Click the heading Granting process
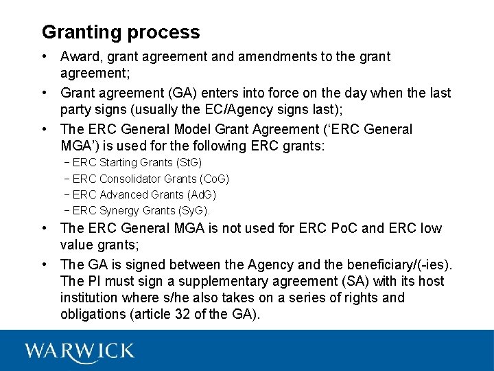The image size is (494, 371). click(x=121, y=32)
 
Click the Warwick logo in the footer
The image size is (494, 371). click(x=80, y=351)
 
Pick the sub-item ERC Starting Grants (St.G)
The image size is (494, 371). click(x=137, y=163)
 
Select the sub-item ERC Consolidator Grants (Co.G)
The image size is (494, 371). click(x=150, y=179)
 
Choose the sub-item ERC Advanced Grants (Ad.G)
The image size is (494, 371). click(x=144, y=194)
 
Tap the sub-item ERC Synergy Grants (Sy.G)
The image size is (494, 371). click(x=141, y=211)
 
